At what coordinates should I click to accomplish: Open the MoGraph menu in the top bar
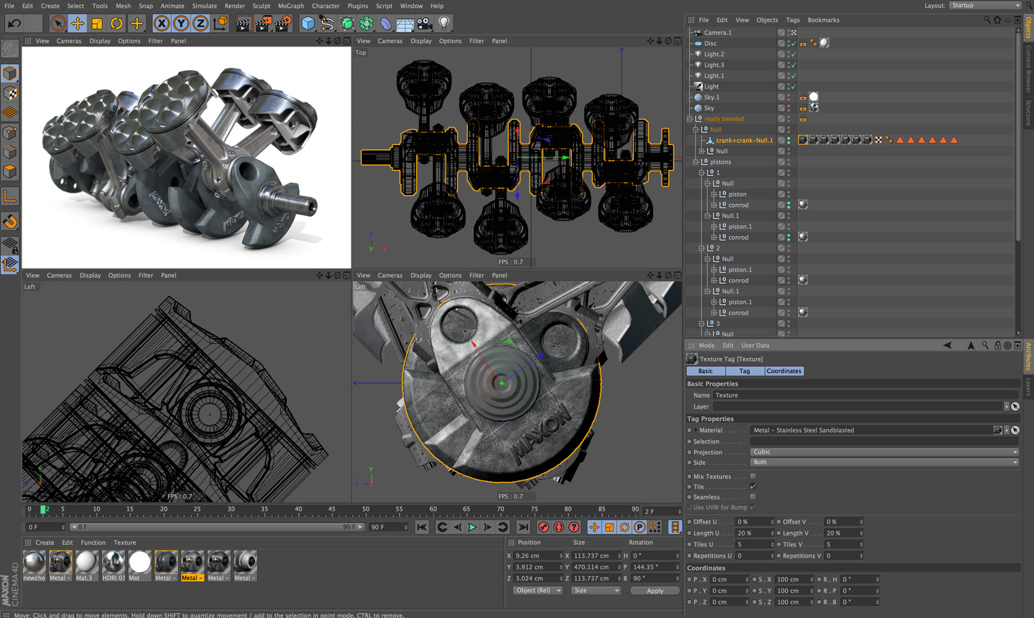tap(291, 6)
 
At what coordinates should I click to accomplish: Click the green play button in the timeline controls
tap(472, 527)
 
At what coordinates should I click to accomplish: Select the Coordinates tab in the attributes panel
tap(784, 371)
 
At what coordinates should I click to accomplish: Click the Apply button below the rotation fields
tap(655, 590)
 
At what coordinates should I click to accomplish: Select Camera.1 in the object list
tap(718, 33)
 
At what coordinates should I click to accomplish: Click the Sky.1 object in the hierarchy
tap(711, 97)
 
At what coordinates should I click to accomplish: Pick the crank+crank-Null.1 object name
tap(743, 140)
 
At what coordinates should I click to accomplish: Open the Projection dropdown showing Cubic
tap(884, 452)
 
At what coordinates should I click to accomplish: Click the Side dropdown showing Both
tap(884, 462)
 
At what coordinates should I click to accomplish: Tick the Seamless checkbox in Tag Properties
tap(753, 497)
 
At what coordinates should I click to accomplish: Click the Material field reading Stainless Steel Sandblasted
tap(871, 430)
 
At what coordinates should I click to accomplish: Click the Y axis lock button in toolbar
tap(181, 23)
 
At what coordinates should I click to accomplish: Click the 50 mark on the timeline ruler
tap(366, 510)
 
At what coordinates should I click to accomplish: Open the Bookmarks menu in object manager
tap(823, 20)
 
